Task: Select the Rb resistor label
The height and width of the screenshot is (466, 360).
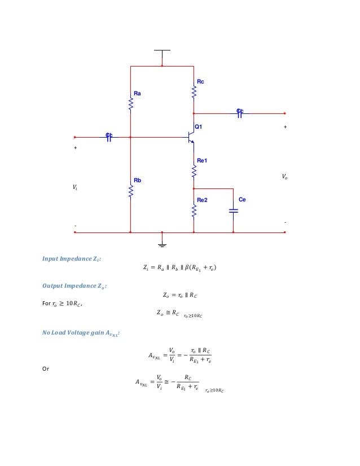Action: pos(137,181)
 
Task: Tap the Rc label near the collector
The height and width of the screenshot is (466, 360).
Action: pos(200,82)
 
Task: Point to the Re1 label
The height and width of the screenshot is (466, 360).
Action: pos(202,161)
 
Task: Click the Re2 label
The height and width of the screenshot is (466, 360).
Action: pos(202,200)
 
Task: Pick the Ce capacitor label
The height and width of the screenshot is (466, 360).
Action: pos(242,200)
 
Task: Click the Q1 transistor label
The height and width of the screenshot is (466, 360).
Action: pos(198,127)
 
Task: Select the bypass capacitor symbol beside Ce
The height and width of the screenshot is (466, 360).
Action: pos(234,210)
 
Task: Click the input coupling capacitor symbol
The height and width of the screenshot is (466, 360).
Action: pos(109,137)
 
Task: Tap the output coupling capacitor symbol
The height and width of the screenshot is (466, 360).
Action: pos(240,113)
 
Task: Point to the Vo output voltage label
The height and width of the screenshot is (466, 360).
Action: pos(284,177)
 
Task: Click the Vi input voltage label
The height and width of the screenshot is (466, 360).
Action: pos(74,187)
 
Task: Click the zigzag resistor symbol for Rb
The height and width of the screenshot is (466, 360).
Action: pos(130,192)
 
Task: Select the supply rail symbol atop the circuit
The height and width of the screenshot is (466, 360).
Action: pos(162,50)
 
